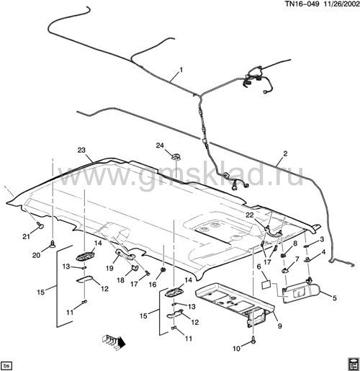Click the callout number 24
[160, 146]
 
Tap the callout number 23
[81, 150]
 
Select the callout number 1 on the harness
[181, 70]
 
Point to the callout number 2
[285, 153]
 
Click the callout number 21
[26, 236]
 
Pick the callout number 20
[36, 255]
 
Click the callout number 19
[109, 268]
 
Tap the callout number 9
[279, 326]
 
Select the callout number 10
[236, 349]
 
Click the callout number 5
[335, 298]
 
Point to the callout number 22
[250, 215]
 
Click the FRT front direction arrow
[114, 341]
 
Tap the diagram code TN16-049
[302, 4]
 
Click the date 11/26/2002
[341, 4]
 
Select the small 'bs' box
[6, 365]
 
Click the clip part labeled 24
[176, 157]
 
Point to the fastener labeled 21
[40, 225]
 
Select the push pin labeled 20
[53, 244]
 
